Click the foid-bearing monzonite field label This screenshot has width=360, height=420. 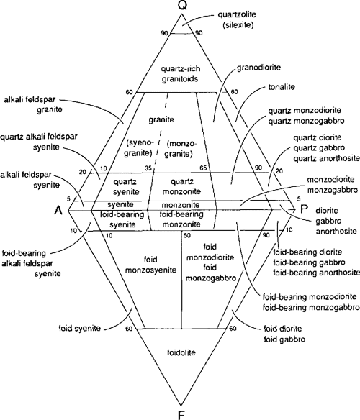tap(184, 219)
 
